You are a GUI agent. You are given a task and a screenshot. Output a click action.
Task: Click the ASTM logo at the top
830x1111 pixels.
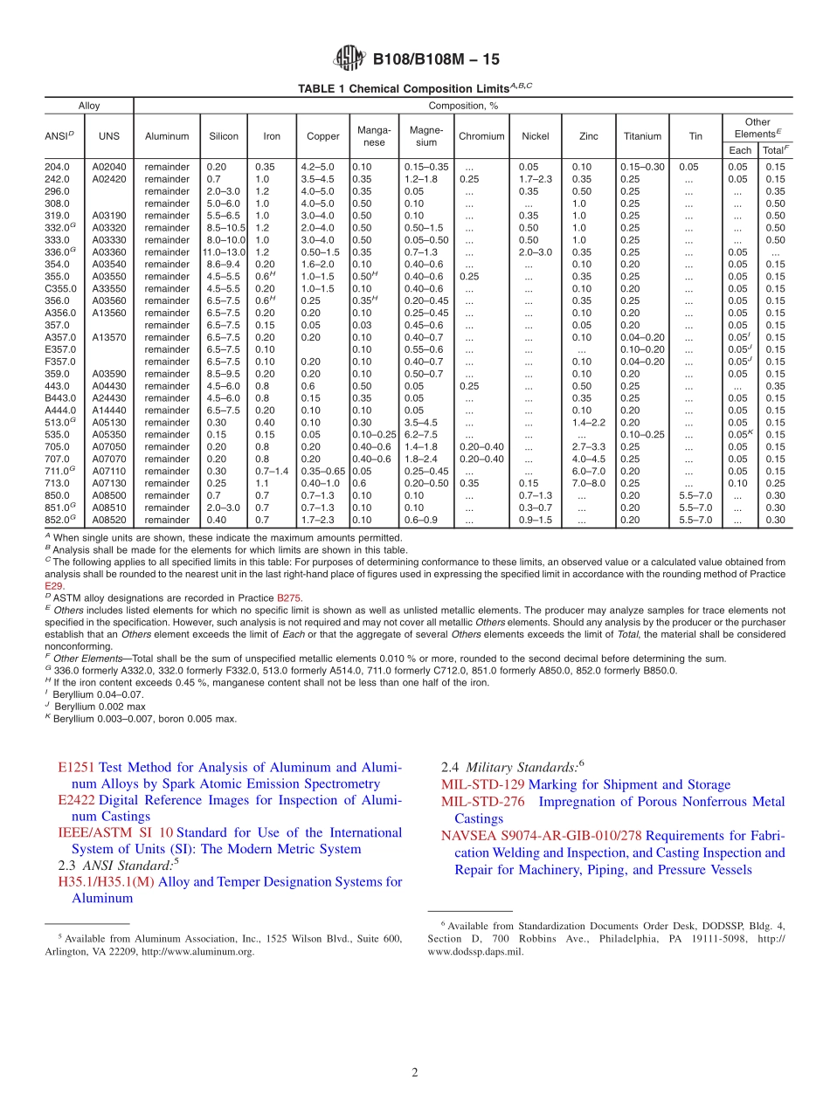(x=349, y=59)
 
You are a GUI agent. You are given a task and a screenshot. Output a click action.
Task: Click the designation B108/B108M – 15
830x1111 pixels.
(x=436, y=59)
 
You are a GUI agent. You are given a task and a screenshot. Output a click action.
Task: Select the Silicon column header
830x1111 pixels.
(x=224, y=136)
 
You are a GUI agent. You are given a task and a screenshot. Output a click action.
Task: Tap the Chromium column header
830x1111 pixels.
(x=481, y=136)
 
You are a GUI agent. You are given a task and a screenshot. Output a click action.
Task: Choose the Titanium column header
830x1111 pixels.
(x=642, y=136)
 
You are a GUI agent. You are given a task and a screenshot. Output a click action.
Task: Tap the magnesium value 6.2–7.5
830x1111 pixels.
(x=421, y=434)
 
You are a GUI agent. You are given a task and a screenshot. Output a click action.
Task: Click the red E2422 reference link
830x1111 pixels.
(x=76, y=800)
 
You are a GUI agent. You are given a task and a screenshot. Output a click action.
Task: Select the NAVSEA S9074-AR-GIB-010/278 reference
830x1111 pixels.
(x=541, y=836)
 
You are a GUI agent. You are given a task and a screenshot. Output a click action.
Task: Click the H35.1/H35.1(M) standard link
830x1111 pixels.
(x=106, y=882)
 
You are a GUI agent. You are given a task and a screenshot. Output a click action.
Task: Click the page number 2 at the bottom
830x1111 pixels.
(x=415, y=1073)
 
